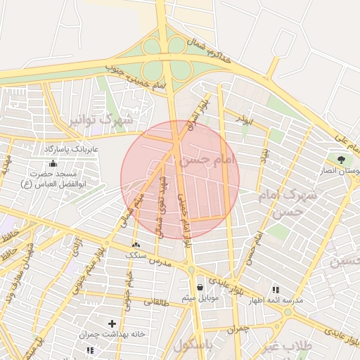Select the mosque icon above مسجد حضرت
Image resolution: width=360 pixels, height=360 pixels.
click(x=53, y=163)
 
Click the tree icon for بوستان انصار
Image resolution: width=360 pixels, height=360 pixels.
click(x=342, y=160)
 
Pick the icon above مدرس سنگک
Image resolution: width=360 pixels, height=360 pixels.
click(x=136, y=244)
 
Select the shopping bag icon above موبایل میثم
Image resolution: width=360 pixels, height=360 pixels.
click(x=201, y=287)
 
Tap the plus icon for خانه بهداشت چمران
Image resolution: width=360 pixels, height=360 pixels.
click(x=112, y=323)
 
